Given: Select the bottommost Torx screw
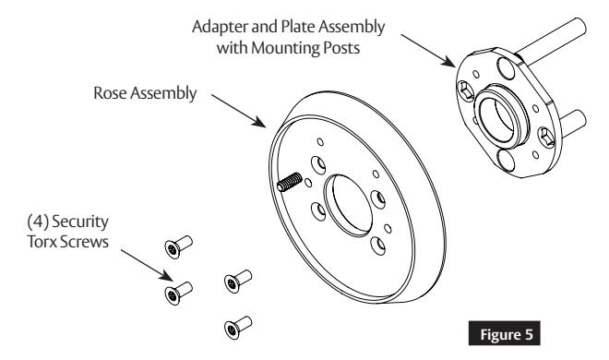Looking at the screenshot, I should tap(235, 327).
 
